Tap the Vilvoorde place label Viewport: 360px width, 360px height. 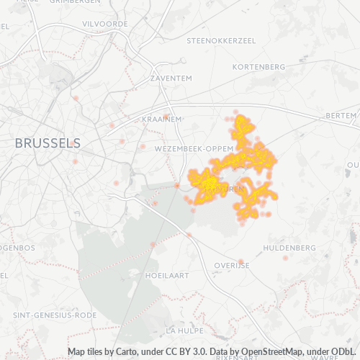point(105,24)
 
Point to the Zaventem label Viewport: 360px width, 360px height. point(171,77)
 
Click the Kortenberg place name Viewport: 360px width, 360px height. point(259,66)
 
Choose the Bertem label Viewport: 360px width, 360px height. point(341,115)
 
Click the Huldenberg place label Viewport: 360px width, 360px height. point(289,248)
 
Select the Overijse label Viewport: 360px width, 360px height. point(231,265)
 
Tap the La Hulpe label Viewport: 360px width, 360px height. point(181,330)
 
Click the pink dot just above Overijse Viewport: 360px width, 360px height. point(241,261)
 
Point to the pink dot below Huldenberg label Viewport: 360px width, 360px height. point(286,258)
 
